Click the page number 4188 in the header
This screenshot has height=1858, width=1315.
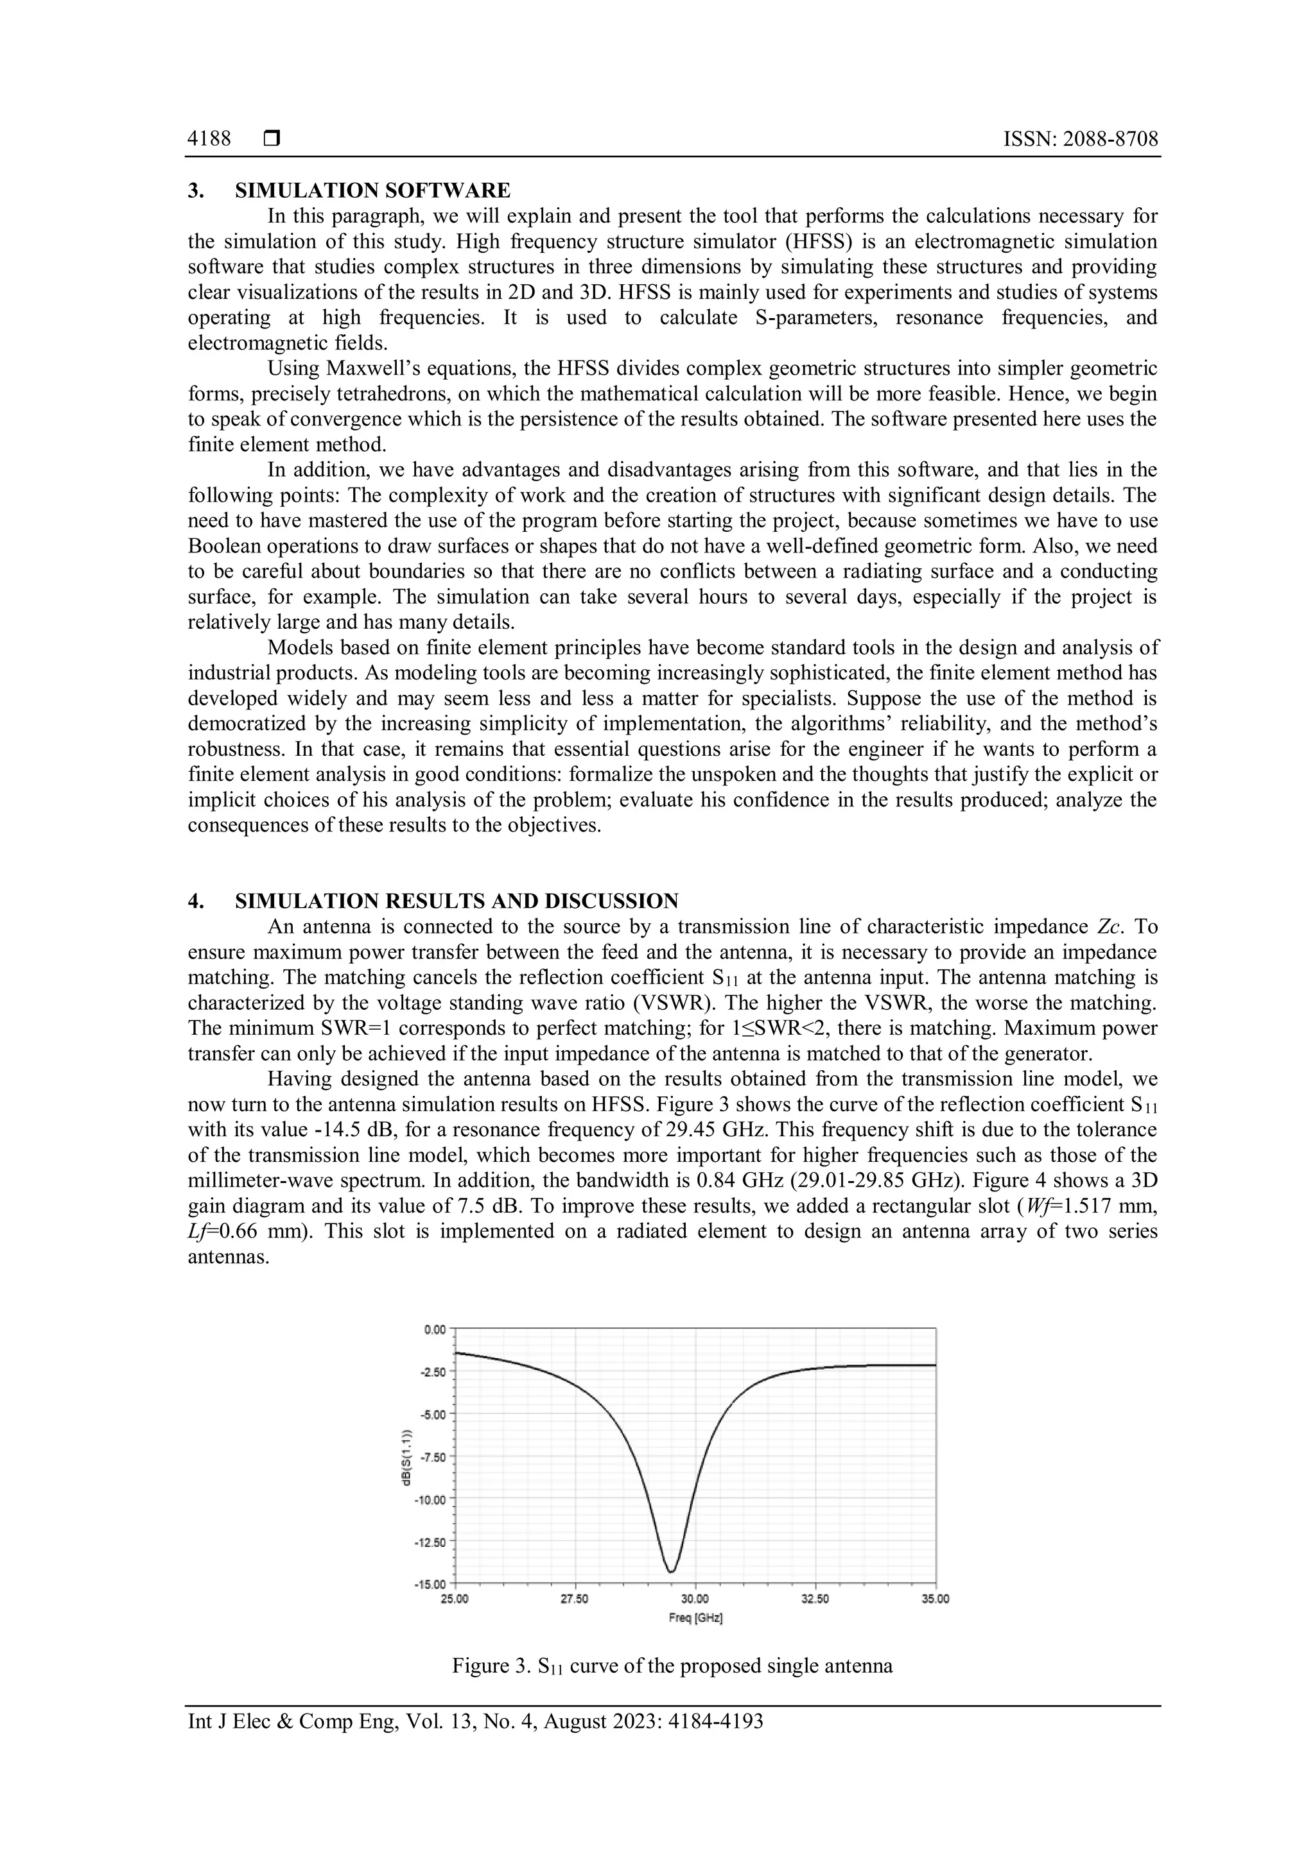[209, 139]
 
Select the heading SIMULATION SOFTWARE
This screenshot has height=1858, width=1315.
[372, 191]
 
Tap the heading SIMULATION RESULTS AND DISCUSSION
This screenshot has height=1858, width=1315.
[457, 901]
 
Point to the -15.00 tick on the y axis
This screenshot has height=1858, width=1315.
[434, 1583]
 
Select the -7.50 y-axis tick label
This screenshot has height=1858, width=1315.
[435, 1456]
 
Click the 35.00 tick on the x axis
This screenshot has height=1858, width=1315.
[936, 1599]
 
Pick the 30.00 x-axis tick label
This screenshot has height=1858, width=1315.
[695, 1599]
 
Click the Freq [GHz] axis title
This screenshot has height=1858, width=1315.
[695, 1617]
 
